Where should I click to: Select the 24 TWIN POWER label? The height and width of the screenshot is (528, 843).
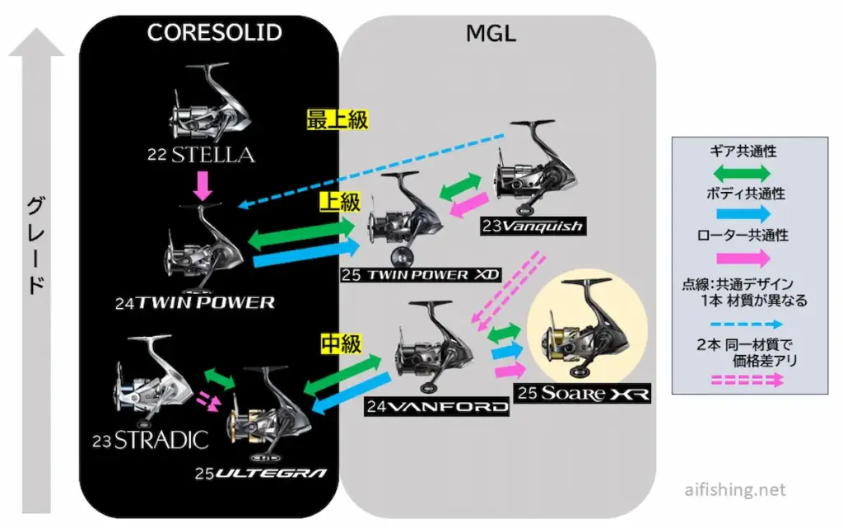(x=195, y=302)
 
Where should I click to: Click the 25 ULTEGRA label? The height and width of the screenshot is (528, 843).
(x=261, y=473)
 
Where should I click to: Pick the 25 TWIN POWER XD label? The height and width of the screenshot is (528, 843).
(x=420, y=274)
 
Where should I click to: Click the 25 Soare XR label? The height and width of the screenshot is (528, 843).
(x=583, y=394)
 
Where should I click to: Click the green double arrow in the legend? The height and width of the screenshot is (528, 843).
(x=742, y=174)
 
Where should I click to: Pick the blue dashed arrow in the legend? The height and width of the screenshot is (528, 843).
(x=742, y=325)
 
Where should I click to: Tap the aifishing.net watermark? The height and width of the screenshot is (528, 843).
(x=734, y=490)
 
